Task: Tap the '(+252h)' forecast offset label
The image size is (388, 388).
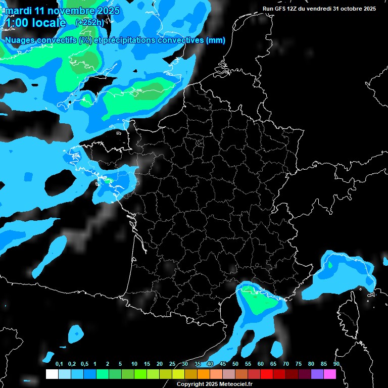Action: coord(89,22)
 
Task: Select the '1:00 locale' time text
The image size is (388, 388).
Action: coord(35,23)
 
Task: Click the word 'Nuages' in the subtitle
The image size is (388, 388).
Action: coord(20,40)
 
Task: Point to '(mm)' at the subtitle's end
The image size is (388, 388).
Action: coord(215,40)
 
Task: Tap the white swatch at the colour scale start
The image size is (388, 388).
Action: coord(52,374)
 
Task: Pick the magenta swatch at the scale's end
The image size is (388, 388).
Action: coord(330,374)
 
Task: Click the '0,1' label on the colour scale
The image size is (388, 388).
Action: coord(59,364)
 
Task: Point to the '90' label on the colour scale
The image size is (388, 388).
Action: coord(336,364)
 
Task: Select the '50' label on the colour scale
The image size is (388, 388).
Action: coord(235,364)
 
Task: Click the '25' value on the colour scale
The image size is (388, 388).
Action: coord(172,364)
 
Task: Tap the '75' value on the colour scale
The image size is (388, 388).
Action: coord(299,364)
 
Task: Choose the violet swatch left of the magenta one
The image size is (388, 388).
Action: coord(317,374)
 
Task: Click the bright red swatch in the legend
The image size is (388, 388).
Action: coord(267,374)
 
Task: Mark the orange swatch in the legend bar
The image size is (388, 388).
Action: coord(204,374)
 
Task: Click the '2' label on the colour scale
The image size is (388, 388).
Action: coord(108,364)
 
